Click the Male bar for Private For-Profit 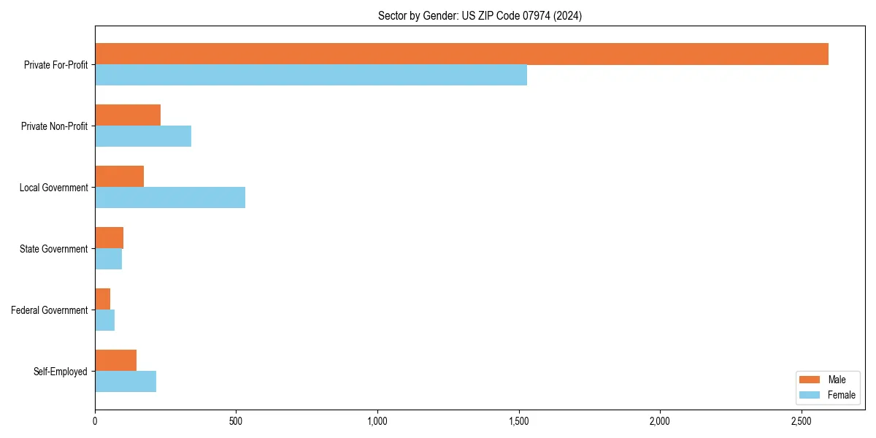tap(461, 54)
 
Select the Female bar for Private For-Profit tap(311, 75)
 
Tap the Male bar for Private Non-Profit tap(128, 115)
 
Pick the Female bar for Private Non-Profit tap(143, 137)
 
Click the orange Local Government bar tap(119, 177)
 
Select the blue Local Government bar tap(170, 198)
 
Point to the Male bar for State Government tap(109, 238)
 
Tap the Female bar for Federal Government tap(104, 320)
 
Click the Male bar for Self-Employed tap(115, 361)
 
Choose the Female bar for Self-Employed tap(126, 382)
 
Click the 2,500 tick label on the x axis tap(801, 421)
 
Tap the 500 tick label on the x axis tap(236, 421)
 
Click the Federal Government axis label tap(50, 310)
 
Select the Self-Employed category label tap(61, 372)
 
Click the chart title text tap(480, 15)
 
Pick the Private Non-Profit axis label tap(54, 126)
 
